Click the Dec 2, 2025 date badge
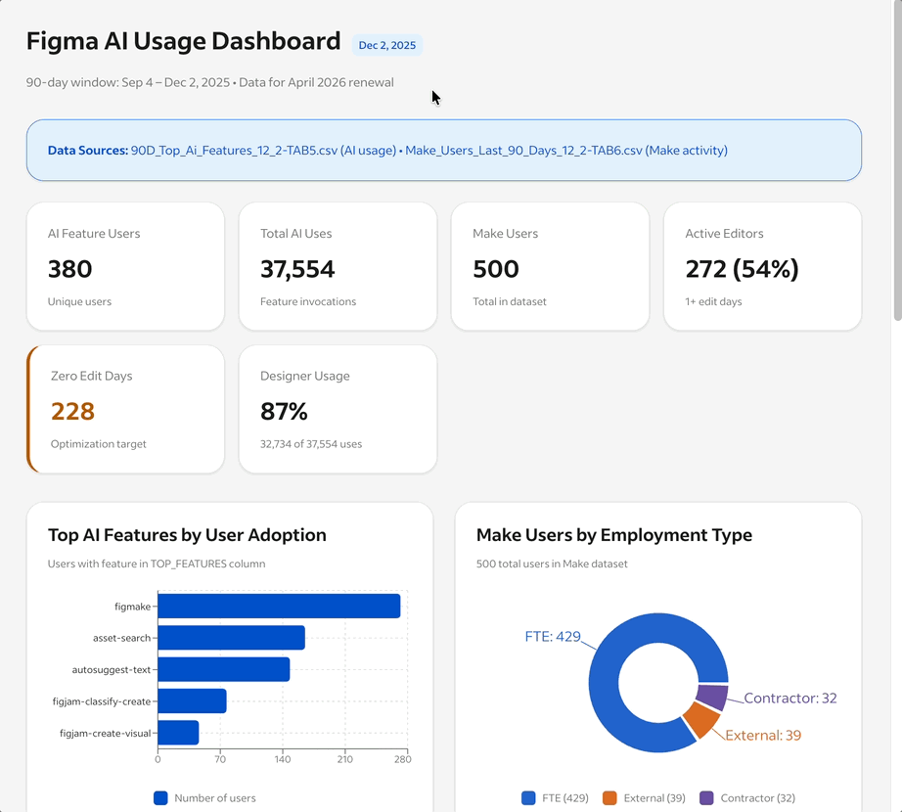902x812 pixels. click(387, 45)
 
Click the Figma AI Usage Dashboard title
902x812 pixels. click(183, 41)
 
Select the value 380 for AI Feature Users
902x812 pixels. click(70, 269)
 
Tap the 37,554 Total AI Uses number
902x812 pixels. click(297, 269)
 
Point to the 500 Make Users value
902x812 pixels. click(496, 269)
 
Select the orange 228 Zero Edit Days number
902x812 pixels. click(73, 411)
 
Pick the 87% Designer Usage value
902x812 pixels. click(285, 411)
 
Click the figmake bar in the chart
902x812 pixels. click(279, 606)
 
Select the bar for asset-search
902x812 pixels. click(231, 638)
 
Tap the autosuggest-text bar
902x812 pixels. click(223, 669)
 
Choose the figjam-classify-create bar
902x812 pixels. click(192, 700)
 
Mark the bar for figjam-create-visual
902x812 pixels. click(178, 732)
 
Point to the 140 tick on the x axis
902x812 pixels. click(283, 759)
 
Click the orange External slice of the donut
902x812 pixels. click(700, 720)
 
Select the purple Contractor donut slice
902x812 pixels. click(712, 697)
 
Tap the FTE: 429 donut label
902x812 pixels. click(553, 637)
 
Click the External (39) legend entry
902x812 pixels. click(643, 798)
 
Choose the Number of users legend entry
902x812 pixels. click(204, 798)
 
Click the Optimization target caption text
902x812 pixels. click(99, 444)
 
